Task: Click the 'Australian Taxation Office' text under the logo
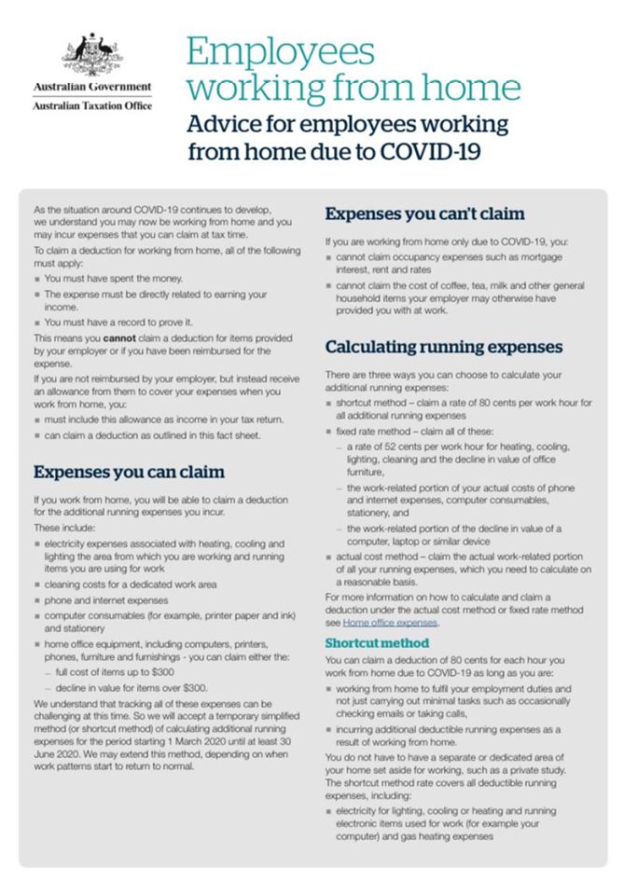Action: pos(91,105)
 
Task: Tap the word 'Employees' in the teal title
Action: pos(281,51)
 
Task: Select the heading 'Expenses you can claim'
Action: pos(129,471)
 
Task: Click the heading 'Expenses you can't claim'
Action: pos(424,213)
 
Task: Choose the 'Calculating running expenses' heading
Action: pos(444,347)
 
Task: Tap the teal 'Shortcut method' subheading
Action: pos(377,642)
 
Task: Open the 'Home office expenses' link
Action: pos(390,622)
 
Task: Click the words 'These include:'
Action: pos(60,527)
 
